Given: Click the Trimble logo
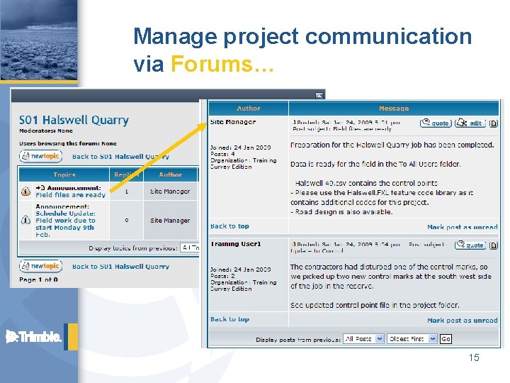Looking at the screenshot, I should [x=34, y=336].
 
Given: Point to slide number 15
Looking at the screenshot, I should [x=474, y=358].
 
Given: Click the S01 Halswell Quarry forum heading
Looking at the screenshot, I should [x=74, y=120].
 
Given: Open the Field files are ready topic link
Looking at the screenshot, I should [x=70, y=195].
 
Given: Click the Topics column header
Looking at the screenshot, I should [x=64, y=174].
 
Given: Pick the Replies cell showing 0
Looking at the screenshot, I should [x=127, y=220].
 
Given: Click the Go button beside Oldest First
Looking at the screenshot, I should [x=446, y=339].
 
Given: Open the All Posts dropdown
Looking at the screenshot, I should [x=363, y=339].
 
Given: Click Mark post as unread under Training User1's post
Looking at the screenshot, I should [x=462, y=321].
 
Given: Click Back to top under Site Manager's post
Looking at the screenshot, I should [x=229, y=226].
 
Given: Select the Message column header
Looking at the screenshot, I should [x=393, y=109].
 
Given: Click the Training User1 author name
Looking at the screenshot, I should [x=235, y=244].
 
